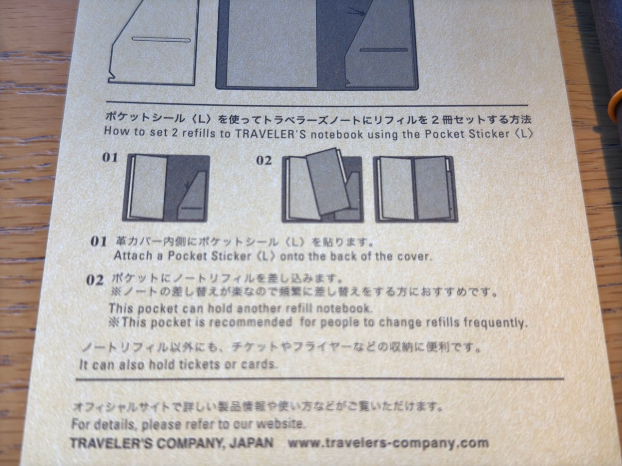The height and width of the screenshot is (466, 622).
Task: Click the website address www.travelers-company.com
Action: [388, 443]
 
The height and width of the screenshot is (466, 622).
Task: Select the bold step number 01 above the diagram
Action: [110, 157]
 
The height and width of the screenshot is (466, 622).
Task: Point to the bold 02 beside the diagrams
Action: [264, 160]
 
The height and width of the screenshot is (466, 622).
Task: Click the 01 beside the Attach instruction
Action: [99, 241]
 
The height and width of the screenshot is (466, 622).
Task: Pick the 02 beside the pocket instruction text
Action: [95, 280]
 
